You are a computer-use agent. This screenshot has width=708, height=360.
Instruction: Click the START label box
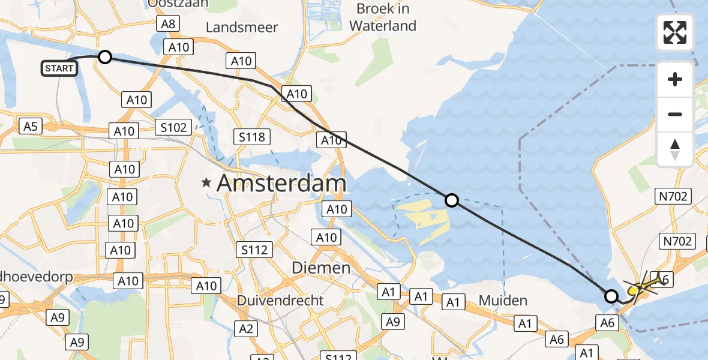click(x=59, y=68)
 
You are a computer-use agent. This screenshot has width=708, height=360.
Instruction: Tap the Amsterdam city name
click(x=281, y=183)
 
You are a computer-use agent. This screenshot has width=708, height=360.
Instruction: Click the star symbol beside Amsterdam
click(x=207, y=183)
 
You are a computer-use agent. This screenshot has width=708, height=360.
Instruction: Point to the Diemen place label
click(x=320, y=268)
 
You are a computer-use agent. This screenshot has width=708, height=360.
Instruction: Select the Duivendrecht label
click(x=280, y=300)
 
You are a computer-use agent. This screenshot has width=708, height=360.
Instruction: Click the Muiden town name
click(x=503, y=300)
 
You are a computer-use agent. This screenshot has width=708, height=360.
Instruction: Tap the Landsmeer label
click(x=242, y=28)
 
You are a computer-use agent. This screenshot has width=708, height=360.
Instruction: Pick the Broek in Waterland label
click(x=383, y=17)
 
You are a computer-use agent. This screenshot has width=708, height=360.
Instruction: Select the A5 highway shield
click(x=31, y=126)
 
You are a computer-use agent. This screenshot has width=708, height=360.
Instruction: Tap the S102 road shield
click(x=173, y=127)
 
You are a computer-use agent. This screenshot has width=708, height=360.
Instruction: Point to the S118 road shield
click(x=251, y=137)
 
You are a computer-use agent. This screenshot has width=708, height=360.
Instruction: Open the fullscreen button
click(x=675, y=32)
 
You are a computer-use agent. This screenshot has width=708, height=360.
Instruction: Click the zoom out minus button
click(x=675, y=114)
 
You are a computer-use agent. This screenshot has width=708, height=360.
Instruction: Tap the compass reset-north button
click(x=675, y=149)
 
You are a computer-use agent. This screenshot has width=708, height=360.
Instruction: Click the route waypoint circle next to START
click(x=105, y=57)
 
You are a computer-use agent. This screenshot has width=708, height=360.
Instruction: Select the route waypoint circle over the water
click(x=452, y=200)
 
